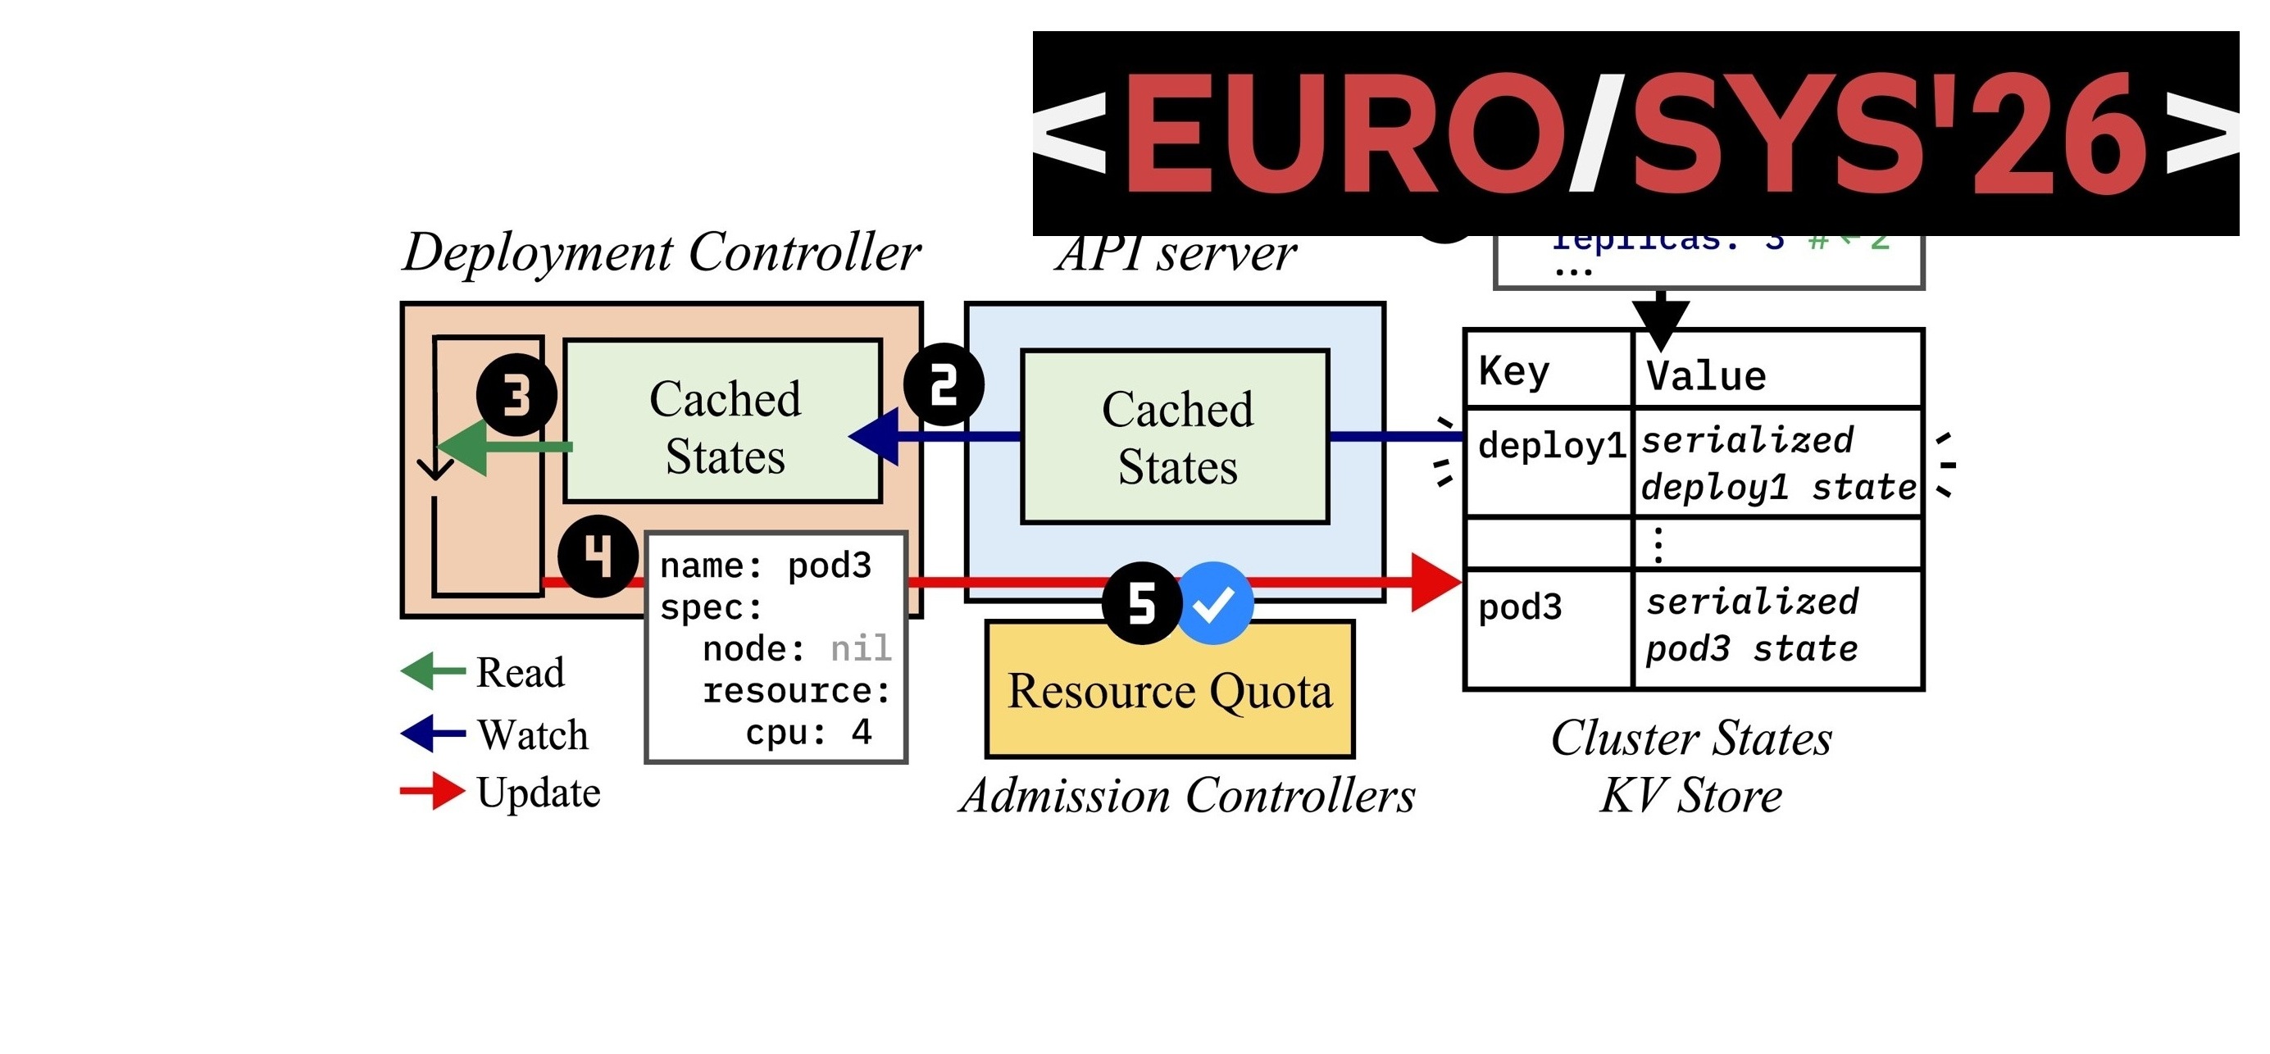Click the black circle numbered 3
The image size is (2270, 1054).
(x=516, y=396)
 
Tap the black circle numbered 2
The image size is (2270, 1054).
(x=944, y=385)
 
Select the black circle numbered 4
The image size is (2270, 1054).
(x=598, y=556)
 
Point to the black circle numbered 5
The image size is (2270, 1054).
(x=1142, y=604)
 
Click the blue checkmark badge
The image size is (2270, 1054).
(x=1214, y=604)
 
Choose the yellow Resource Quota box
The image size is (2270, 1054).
(x=1169, y=690)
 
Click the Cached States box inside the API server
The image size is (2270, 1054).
(x=1176, y=437)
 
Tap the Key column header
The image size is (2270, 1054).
(x=1514, y=371)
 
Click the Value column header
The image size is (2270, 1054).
(x=1706, y=376)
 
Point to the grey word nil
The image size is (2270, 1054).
(x=861, y=648)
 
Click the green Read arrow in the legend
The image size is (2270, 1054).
(x=433, y=671)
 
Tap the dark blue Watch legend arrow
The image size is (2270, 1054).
(x=433, y=734)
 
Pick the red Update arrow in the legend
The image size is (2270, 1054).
(x=433, y=792)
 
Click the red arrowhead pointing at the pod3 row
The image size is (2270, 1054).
(x=1435, y=582)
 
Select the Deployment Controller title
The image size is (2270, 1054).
(x=662, y=253)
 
